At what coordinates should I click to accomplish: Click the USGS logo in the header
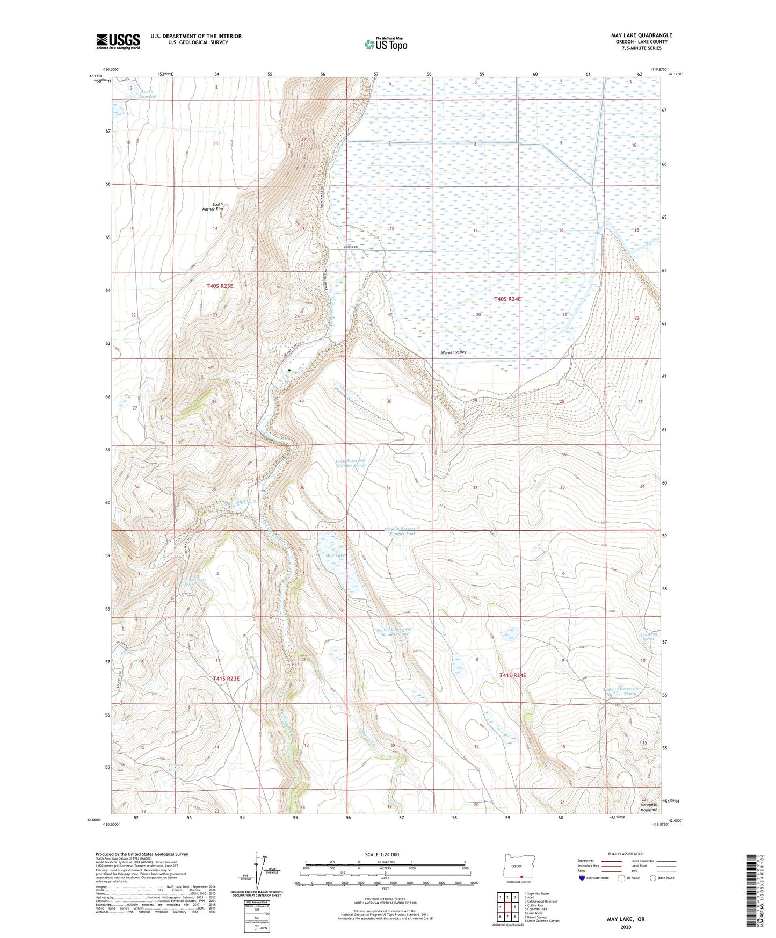[x=118, y=41]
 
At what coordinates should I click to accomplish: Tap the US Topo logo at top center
[x=386, y=44]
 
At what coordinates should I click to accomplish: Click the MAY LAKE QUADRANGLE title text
[x=641, y=35]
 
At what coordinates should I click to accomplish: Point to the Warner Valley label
[x=454, y=352]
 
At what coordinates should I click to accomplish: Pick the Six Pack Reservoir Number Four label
[x=395, y=631]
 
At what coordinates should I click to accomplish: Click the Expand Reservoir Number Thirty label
[x=621, y=691]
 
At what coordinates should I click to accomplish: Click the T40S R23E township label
[x=220, y=286]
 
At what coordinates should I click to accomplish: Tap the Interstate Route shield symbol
[x=582, y=878]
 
